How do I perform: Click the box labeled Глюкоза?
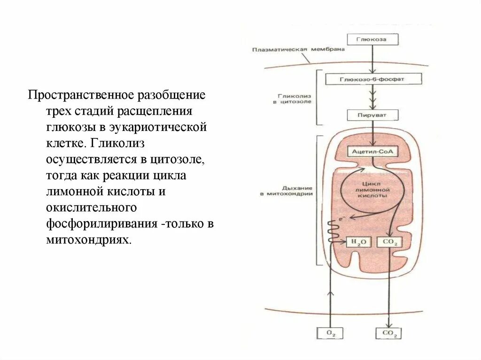(372, 39)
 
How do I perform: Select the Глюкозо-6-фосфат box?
(372, 79)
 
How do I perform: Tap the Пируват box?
(372, 115)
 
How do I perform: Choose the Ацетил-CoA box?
(372, 152)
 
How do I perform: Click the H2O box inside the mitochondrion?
(358, 242)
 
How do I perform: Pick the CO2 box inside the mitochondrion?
(389, 242)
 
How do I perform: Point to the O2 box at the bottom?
(331, 333)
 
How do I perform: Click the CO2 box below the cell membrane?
(389, 333)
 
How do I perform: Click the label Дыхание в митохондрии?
(287, 190)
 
